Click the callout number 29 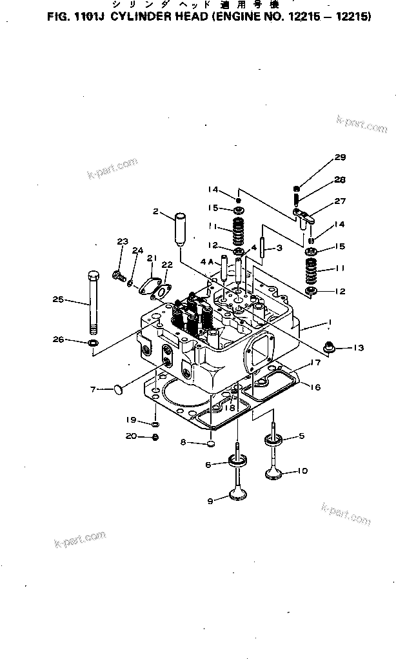coord(340,158)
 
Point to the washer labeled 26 coord(93,341)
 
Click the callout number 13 coord(358,348)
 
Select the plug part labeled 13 coord(328,348)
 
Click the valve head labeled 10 coord(280,474)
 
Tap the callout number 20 coord(131,436)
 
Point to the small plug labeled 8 coord(210,444)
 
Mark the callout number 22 coord(166,265)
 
